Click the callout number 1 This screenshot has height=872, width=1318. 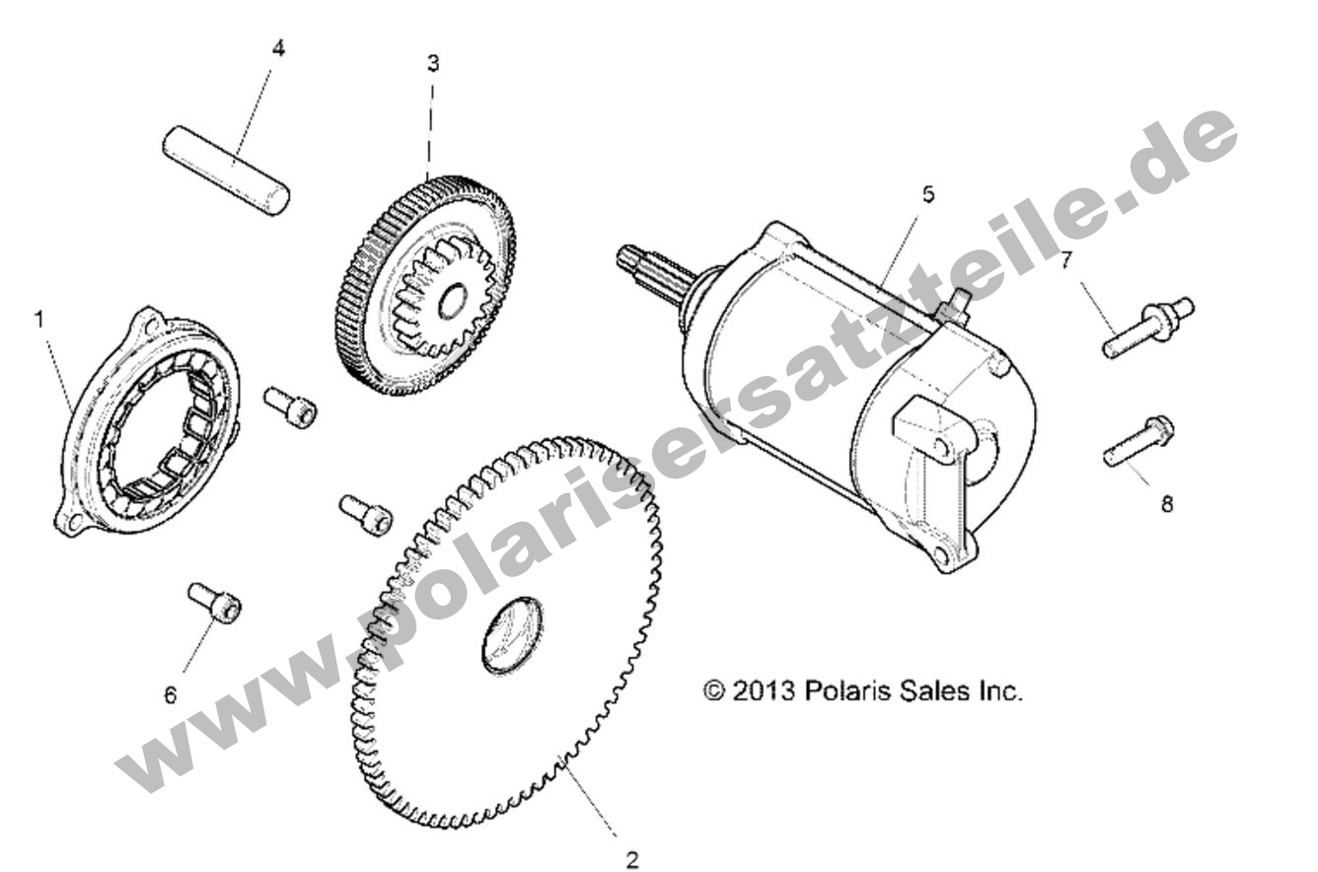point(39,320)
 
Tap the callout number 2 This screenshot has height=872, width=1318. point(632,860)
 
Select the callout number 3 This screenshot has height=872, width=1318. point(433,63)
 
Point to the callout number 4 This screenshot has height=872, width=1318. point(278,48)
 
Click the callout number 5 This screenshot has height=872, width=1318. point(928,194)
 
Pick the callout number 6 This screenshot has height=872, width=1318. point(170,695)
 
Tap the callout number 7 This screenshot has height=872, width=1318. point(1066,260)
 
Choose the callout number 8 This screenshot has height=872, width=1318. point(1167,504)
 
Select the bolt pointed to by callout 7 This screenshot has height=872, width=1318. point(1148,327)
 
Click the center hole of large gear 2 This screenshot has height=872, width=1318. point(512,635)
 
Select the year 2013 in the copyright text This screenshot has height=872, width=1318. point(764,690)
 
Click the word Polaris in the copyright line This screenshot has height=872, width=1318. point(841,690)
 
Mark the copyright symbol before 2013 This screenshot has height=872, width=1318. point(714,690)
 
